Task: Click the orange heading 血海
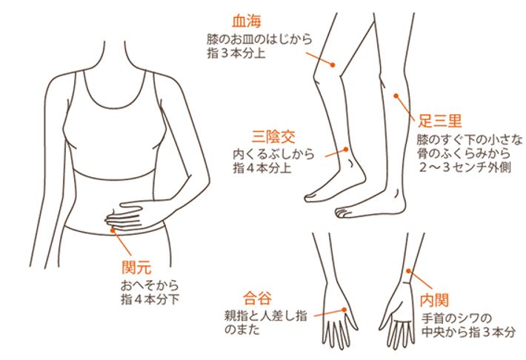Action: pos(247,21)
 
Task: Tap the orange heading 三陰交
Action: pos(273,137)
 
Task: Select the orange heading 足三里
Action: pos(440,121)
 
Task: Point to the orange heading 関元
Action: pos(136,267)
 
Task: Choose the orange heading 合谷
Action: pos(257,299)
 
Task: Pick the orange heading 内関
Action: pos(435,300)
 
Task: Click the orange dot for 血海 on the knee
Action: pos(333,65)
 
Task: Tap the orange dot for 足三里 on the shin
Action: pos(396,96)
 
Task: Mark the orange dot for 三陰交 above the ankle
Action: pos(346,150)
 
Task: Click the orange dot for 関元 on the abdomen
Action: pos(113,230)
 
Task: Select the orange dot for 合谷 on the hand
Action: pos(344,310)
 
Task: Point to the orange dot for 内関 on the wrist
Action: pos(408,271)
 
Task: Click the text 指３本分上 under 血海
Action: pos(236,53)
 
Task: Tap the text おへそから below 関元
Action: pos(150,285)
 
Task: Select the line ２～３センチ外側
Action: pos(465,167)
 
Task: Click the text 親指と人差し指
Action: pos(266,316)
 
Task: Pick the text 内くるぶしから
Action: pos(274,154)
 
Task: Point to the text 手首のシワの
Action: pos(456,318)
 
